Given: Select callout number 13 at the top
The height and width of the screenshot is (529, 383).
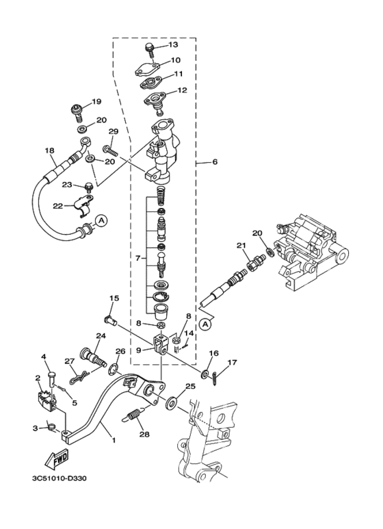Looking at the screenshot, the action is pyautogui.click(x=173, y=44).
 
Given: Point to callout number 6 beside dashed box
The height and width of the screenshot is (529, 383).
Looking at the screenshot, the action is pyautogui.click(x=215, y=162).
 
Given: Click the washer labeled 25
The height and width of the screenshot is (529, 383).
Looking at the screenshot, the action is pyautogui.click(x=172, y=403).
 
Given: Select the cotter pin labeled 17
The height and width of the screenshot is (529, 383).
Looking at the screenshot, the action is pyautogui.click(x=215, y=377).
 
